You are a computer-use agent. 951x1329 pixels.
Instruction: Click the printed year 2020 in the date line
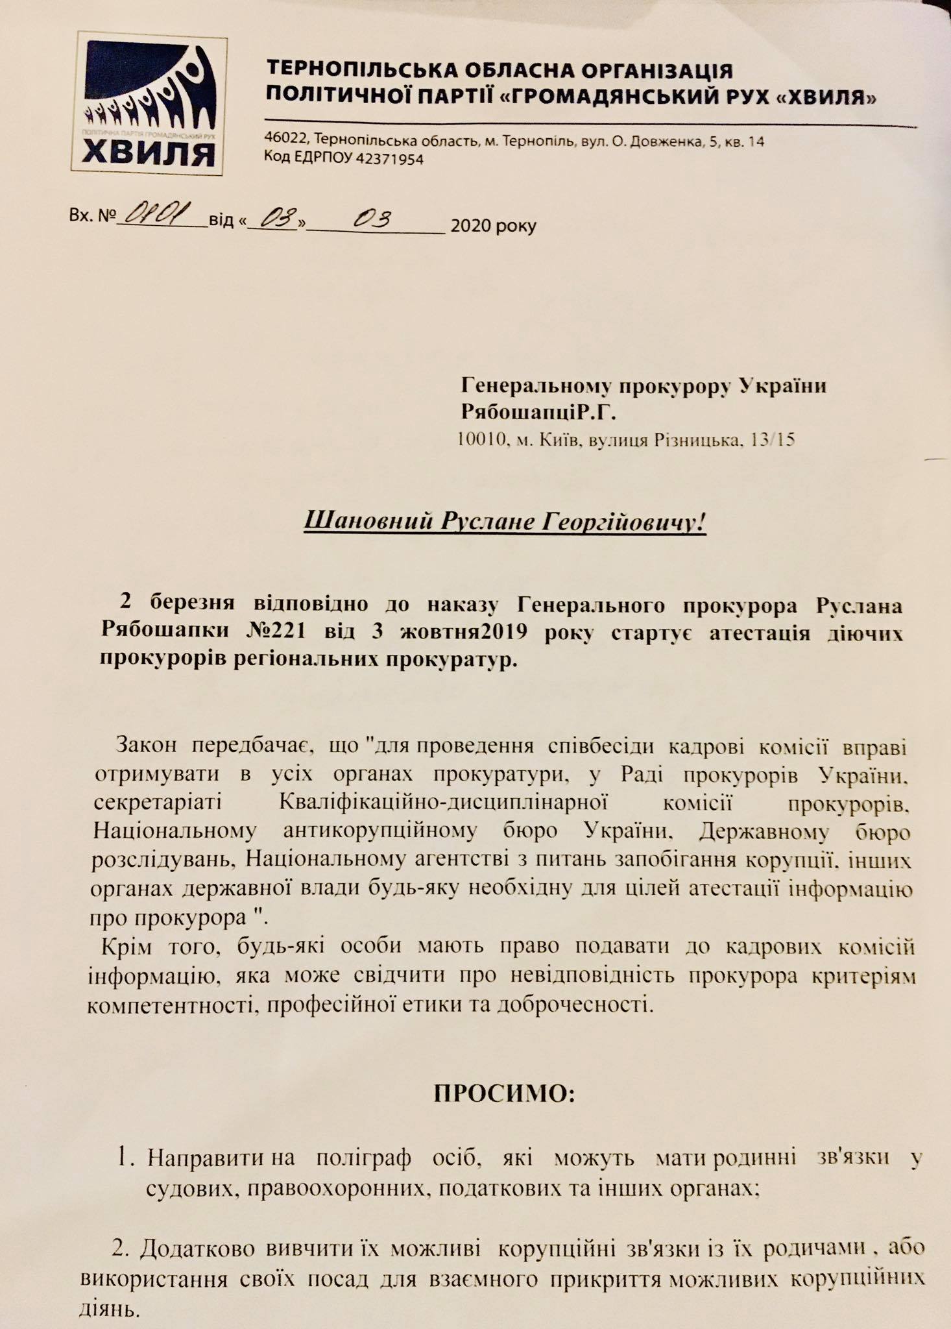(x=472, y=226)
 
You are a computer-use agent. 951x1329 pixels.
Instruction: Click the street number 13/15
(x=772, y=440)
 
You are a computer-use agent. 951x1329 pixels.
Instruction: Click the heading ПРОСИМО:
(x=504, y=1093)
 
